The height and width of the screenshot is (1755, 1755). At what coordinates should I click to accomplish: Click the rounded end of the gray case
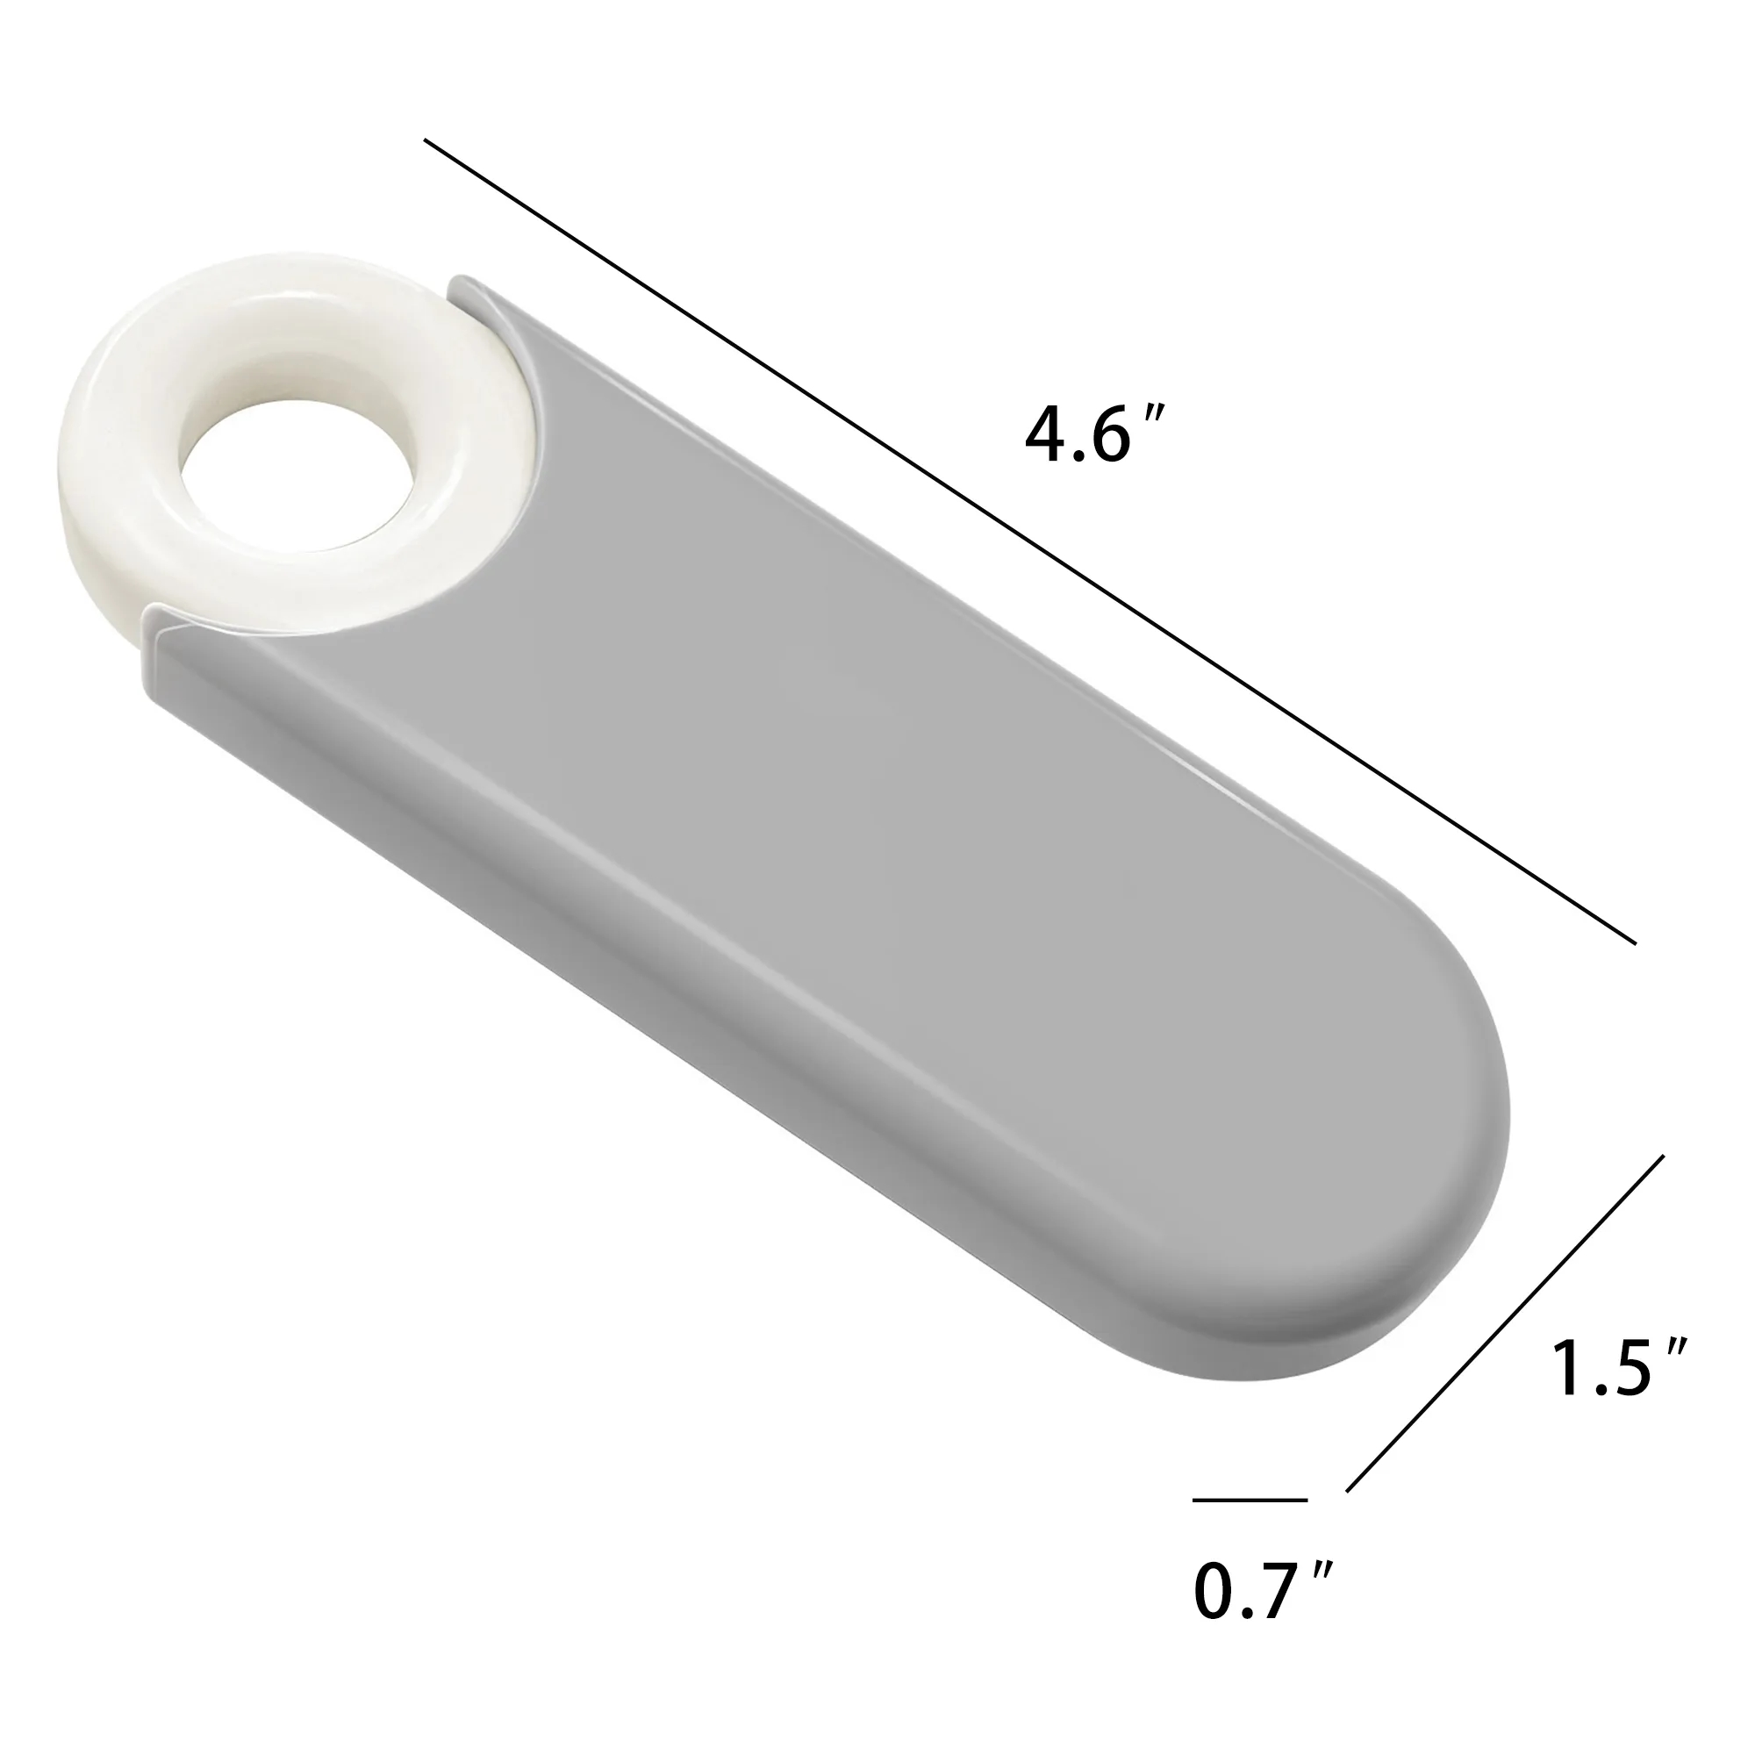pyautogui.click(x=1363, y=1217)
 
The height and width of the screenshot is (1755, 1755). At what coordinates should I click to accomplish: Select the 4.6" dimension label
pyautogui.click(x=1092, y=436)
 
